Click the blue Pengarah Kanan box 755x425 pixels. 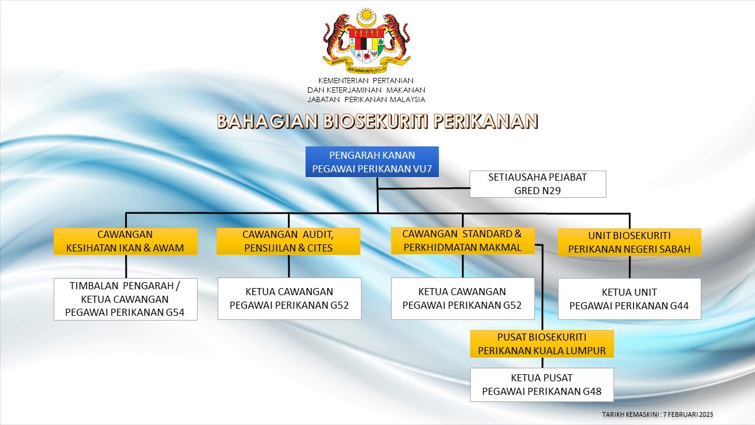coord(372,162)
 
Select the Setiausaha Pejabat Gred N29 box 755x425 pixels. coord(537,184)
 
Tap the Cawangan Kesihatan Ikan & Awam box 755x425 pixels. coord(126,241)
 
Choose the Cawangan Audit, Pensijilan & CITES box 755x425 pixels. coord(288,241)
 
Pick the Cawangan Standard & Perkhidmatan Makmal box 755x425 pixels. coord(462,240)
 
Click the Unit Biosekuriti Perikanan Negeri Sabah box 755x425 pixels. coord(629,242)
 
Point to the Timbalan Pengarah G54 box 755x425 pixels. coord(126,299)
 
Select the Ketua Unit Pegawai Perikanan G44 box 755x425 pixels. coord(629,299)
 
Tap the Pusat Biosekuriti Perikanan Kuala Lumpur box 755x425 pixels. coord(541,344)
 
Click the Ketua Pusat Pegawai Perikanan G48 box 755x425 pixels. coord(541,385)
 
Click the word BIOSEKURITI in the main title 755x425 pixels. coord(376,122)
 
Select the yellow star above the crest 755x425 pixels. coord(366,15)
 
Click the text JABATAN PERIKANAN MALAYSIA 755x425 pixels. coord(366,100)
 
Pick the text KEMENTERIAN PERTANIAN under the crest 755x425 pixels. coord(366,81)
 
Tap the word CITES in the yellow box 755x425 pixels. coord(320,248)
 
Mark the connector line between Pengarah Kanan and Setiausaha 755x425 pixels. coord(424,188)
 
